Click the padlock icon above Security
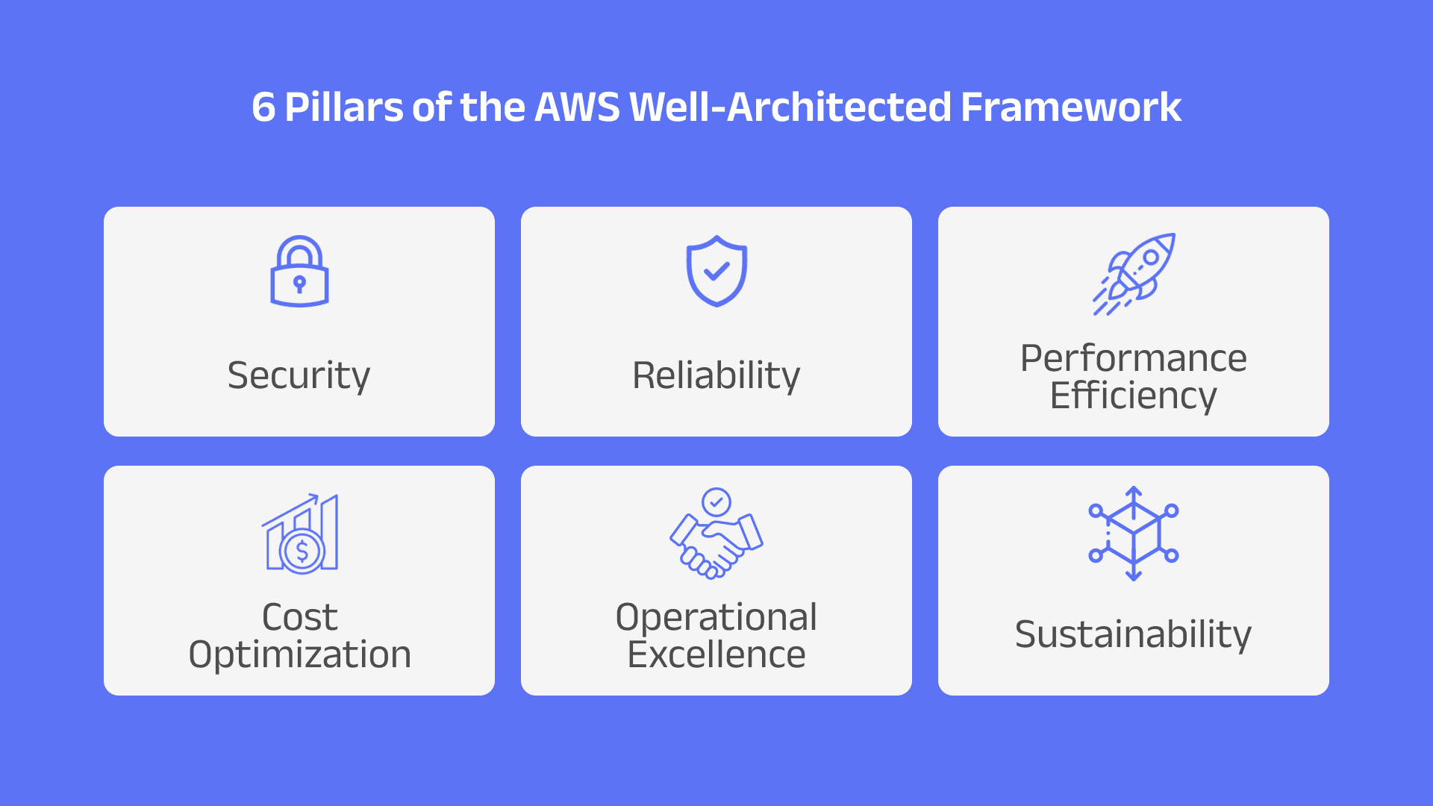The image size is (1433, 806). [x=299, y=272]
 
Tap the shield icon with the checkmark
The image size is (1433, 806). [x=716, y=271]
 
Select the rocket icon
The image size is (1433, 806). [x=1134, y=273]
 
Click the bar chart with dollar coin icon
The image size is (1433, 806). [x=300, y=533]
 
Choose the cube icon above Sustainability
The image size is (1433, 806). [x=1133, y=533]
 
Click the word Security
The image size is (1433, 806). [x=299, y=375]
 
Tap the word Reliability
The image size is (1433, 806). [x=716, y=375]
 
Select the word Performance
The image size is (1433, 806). [x=1133, y=358]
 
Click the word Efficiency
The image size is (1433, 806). [x=1133, y=396]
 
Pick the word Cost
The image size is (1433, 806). [x=300, y=617]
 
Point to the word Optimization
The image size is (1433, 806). [x=300, y=655]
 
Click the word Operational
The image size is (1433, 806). [x=716, y=617]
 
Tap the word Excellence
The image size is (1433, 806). [x=716, y=655]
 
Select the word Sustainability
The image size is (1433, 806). [x=1133, y=634]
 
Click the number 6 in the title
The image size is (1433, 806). [x=263, y=107]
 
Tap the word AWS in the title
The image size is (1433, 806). [x=577, y=107]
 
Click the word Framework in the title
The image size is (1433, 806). [x=1071, y=107]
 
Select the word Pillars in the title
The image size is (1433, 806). [x=344, y=107]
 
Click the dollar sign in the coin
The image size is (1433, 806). [x=302, y=552]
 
